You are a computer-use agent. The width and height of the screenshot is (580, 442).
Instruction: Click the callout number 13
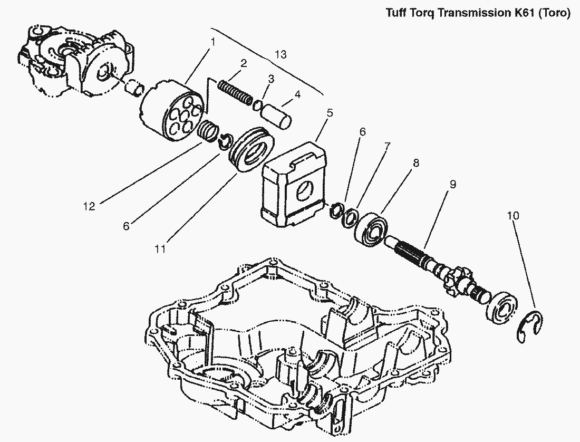[x=281, y=54]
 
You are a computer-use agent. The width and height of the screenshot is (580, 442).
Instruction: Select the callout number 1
[x=213, y=41]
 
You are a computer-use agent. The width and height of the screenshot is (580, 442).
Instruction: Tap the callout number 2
[x=244, y=63]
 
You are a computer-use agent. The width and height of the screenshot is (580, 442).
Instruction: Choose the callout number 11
[x=160, y=247]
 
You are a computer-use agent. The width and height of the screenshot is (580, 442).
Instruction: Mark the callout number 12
[x=89, y=206]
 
